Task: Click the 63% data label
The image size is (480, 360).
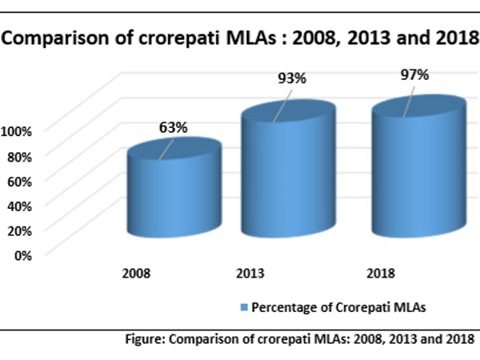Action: (x=172, y=127)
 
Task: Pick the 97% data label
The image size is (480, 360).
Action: (x=414, y=75)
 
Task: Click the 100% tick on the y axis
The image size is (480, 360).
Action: (x=18, y=130)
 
